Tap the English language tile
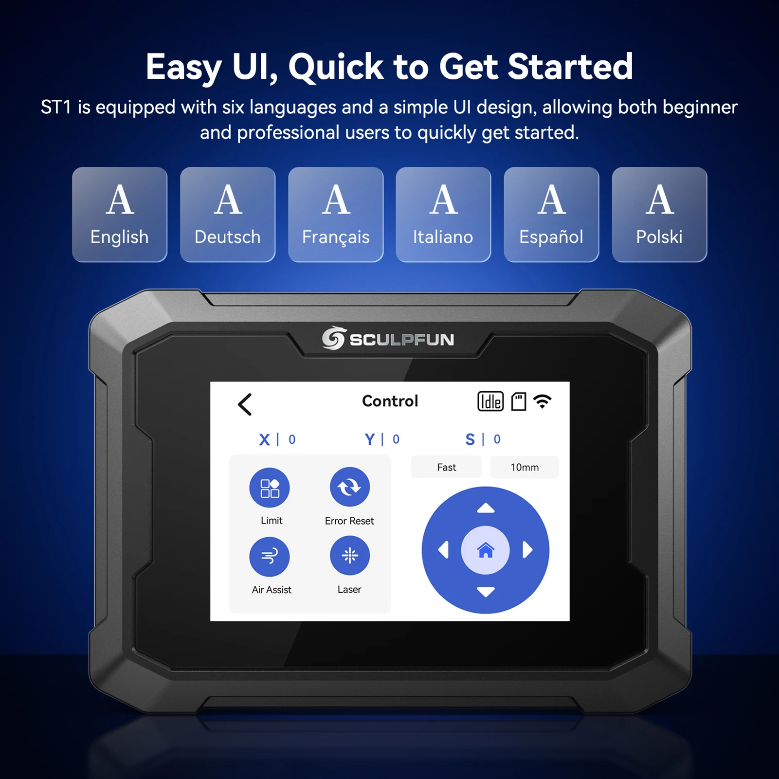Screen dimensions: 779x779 click(x=120, y=215)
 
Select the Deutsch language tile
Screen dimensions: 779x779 click(x=228, y=215)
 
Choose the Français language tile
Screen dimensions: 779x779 click(x=336, y=215)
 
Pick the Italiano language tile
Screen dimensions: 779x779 click(x=443, y=215)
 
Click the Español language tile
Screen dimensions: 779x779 click(x=551, y=215)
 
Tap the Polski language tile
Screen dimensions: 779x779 click(x=659, y=215)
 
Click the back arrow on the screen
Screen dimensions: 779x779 click(x=245, y=404)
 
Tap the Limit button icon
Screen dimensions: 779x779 click(x=270, y=488)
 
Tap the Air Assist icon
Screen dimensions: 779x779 click(x=270, y=556)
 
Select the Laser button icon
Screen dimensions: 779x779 click(x=350, y=556)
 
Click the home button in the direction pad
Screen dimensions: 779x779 click(x=485, y=550)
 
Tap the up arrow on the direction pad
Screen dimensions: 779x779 click(x=486, y=509)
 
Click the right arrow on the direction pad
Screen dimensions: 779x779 click(x=527, y=550)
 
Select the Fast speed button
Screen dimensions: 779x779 click(x=446, y=467)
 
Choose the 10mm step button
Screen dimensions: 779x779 click(x=525, y=467)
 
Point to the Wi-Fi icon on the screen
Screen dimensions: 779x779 click(x=543, y=401)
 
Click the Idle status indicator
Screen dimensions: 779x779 click(x=490, y=401)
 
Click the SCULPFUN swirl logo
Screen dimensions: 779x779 click(x=334, y=338)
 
